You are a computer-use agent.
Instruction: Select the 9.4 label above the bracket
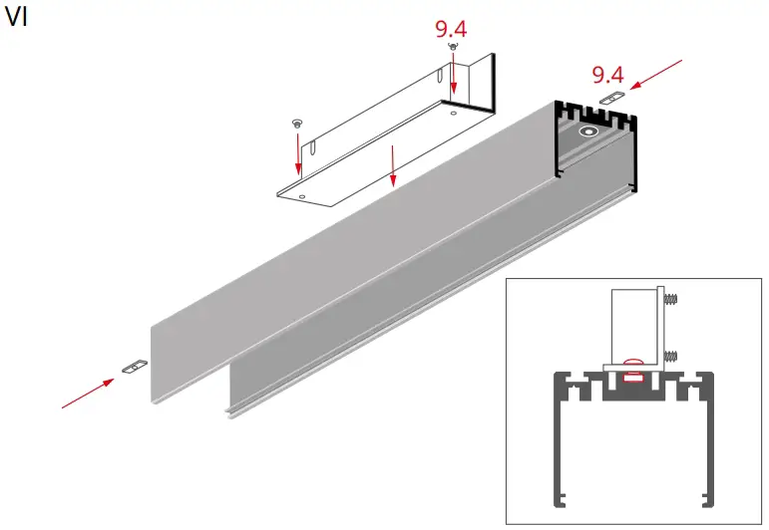pyautogui.click(x=451, y=28)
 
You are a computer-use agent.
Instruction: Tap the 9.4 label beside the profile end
pyautogui.click(x=607, y=74)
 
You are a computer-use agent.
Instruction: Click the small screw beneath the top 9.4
pyautogui.click(x=453, y=48)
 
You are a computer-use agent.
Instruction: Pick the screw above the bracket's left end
pyautogui.click(x=296, y=122)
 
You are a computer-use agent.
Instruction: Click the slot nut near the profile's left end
pyautogui.click(x=132, y=368)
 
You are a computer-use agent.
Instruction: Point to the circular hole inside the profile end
pyautogui.click(x=588, y=132)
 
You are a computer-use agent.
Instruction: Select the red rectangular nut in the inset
pyautogui.click(x=630, y=378)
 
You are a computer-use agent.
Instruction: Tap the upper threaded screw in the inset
pyautogui.click(x=671, y=297)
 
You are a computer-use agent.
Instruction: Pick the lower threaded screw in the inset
pyautogui.click(x=671, y=354)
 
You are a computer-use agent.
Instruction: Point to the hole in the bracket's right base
pyautogui.click(x=455, y=114)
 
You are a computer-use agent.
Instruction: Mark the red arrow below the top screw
pyautogui.click(x=454, y=76)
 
